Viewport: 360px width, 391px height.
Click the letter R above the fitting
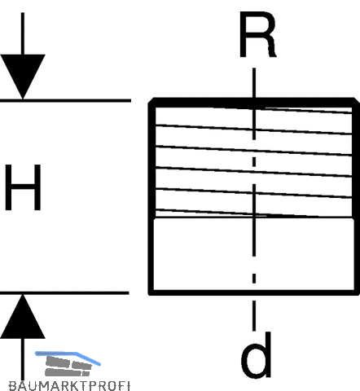tap(257, 35)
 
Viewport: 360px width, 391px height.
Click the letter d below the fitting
tap(257, 354)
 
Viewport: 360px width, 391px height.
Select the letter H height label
tap(23, 187)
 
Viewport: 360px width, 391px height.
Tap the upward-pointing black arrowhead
tap(23, 317)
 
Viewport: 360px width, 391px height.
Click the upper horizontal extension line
tap(65, 101)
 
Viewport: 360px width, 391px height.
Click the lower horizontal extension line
tap(64, 293)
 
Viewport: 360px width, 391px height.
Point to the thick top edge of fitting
tap(254, 103)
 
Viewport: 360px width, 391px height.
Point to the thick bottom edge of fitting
tap(254, 292)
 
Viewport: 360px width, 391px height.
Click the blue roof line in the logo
tap(68, 357)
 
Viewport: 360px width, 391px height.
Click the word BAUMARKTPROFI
tap(69, 386)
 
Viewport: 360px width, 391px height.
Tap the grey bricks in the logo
tap(68, 367)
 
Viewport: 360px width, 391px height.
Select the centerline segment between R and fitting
tap(254, 82)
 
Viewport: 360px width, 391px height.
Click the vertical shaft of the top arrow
tap(23, 33)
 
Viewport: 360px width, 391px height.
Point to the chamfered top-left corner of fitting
tap(151, 100)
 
